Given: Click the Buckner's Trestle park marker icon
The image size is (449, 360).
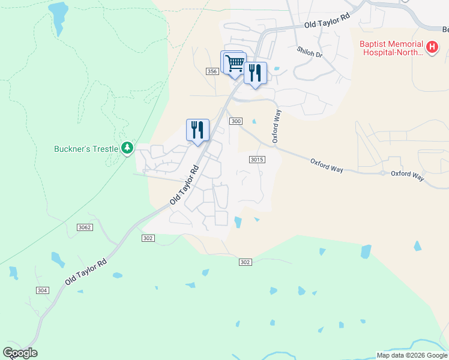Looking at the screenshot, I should tap(127, 148).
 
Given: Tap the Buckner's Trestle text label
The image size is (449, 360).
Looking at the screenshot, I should tap(85, 148).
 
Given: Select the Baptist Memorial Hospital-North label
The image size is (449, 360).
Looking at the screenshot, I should tap(391, 48).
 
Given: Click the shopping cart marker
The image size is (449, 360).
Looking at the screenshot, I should tap(235, 62).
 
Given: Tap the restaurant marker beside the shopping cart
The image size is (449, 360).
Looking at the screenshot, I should tap(255, 73).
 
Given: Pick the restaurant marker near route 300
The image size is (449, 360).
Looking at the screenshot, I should tap(197, 130).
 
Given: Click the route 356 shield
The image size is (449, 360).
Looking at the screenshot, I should tap(211, 71).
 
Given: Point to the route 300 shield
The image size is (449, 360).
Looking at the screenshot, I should tap(236, 121).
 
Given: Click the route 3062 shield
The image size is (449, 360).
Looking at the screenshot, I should tap(85, 227).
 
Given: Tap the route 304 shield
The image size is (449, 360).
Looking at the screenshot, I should tap(41, 290).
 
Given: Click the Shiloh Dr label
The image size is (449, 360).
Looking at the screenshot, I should tap(310, 53).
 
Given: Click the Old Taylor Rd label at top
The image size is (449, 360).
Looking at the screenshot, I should tap(327, 22).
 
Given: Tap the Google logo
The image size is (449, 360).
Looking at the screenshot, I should tap(20, 353).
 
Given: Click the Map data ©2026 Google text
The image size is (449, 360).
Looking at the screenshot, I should tap(412, 355).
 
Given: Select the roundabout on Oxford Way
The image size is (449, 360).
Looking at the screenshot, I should tap(382, 173).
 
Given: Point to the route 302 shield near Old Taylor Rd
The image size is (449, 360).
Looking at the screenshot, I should tap(149, 238).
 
